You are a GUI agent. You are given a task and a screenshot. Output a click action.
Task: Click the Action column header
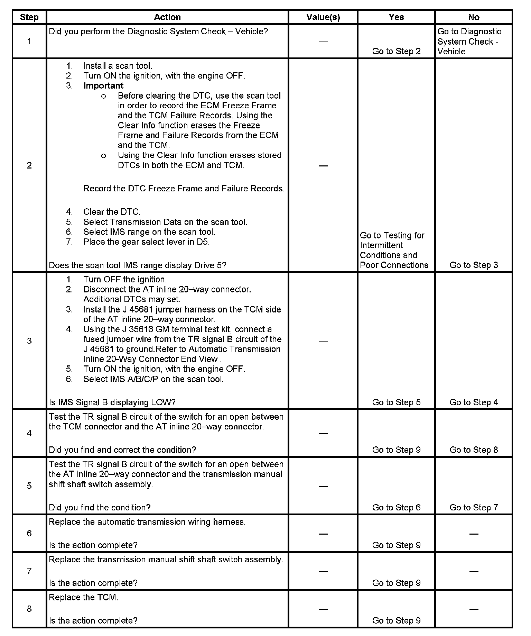click(x=167, y=17)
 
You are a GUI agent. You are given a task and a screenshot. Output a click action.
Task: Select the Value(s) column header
click(x=323, y=17)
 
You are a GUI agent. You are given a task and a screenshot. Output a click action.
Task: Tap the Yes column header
click(x=396, y=17)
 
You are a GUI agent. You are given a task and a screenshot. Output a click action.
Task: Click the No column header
click(x=474, y=17)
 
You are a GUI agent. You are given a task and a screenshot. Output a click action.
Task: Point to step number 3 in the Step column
click(x=29, y=341)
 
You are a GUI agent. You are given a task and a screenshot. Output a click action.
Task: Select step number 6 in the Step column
click(x=29, y=533)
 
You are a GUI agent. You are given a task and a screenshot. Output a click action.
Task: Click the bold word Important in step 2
click(x=103, y=86)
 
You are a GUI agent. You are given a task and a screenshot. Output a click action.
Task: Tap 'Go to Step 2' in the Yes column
click(x=396, y=52)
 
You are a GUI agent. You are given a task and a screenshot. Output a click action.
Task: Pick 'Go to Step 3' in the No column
click(x=474, y=265)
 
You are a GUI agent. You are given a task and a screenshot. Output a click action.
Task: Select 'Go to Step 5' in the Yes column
click(x=396, y=402)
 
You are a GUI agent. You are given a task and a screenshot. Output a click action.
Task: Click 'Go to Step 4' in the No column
click(x=474, y=402)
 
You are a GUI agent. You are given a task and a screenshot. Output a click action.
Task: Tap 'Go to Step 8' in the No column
click(x=474, y=450)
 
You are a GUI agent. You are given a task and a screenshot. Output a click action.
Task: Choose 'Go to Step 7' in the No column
click(x=474, y=508)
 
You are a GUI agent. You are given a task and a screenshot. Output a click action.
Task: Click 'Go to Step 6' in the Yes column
click(x=396, y=508)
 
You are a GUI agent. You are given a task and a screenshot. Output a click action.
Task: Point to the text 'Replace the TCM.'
click(x=83, y=597)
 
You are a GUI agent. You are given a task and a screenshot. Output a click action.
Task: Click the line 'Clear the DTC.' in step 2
click(x=112, y=212)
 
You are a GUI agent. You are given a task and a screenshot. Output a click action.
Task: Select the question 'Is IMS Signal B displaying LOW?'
click(x=112, y=402)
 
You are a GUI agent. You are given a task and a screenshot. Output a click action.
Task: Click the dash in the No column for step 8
click(x=474, y=609)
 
